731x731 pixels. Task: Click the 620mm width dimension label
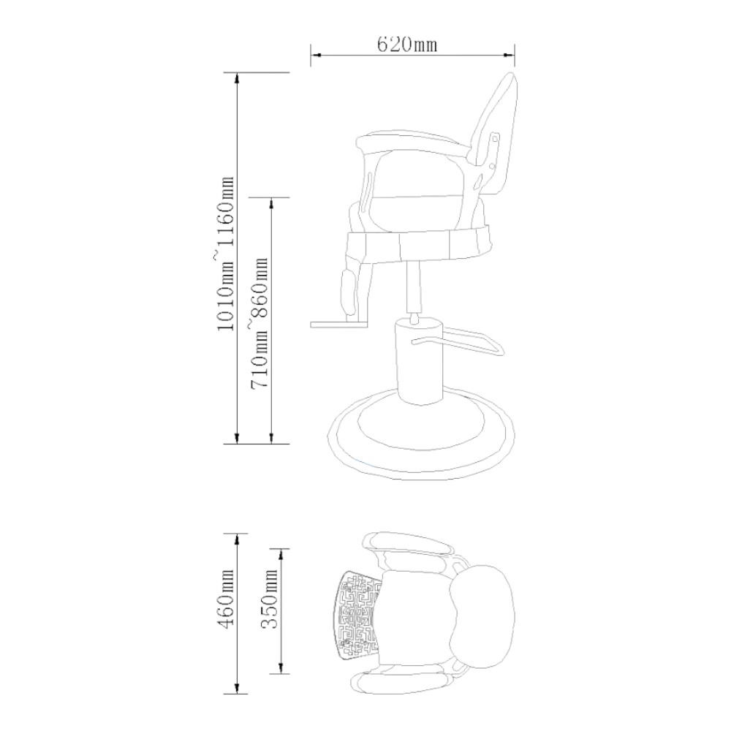[x=406, y=45]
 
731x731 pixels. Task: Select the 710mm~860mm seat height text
[x=260, y=322]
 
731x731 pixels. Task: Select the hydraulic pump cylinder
[x=418, y=360]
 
